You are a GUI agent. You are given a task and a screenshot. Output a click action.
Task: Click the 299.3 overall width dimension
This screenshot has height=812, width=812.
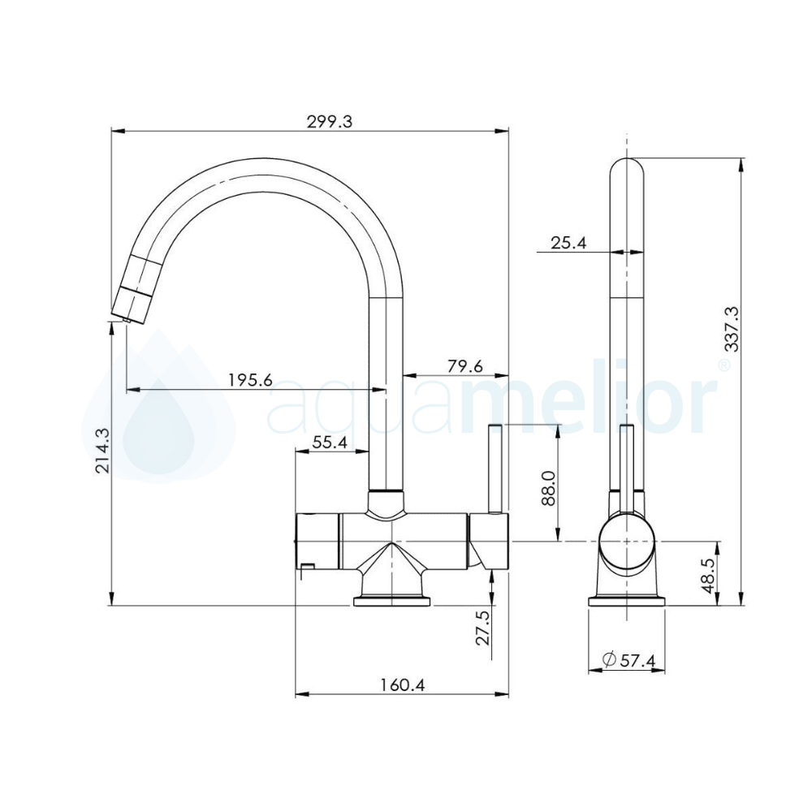[329, 122]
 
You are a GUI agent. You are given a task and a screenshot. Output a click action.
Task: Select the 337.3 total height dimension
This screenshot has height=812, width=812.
[729, 329]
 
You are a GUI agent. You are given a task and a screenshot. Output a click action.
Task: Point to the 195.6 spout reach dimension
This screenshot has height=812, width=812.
[249, 380]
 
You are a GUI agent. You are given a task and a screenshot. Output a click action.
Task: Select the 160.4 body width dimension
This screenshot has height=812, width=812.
[402, 685]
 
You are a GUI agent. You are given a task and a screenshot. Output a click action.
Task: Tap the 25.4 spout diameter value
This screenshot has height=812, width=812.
[568, 243]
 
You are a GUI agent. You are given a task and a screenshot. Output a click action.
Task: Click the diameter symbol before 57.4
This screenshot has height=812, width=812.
[608, 660]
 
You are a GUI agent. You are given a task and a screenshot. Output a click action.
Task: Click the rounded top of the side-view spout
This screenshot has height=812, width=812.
[627, 171]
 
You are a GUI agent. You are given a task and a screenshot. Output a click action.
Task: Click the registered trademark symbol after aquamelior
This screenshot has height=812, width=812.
[723, 365]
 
